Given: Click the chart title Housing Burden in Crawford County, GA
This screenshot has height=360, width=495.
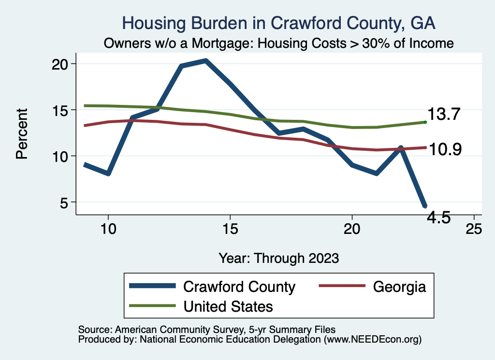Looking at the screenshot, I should tap(279, 23).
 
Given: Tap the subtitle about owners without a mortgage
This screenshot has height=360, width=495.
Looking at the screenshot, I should tap(279, 43).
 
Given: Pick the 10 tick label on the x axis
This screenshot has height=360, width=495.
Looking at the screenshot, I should tap(108, 229).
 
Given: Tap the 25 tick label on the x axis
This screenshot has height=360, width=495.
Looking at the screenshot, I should tap(474, 229).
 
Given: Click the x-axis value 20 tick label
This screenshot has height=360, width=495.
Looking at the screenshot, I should tap(352, 229).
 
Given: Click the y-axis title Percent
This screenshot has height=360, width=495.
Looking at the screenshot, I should tap(22, 133).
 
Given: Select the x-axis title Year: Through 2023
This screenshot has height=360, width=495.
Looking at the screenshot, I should tap(279, 258).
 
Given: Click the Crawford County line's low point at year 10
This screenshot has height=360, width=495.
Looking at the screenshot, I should tap(108, 173).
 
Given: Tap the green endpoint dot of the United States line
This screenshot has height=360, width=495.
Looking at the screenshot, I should tap(425, 122).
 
